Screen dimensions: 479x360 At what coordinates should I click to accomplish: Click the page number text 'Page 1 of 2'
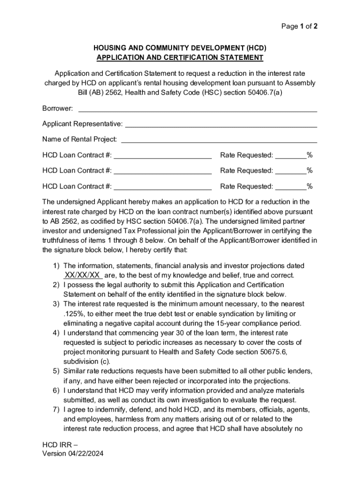(x=299, y=27)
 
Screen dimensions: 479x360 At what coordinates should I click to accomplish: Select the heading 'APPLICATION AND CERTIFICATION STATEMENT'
(x=180, y=58)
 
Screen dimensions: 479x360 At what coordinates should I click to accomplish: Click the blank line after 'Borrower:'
(x=197, y=109)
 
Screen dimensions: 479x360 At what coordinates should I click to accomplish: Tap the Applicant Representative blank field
(x=221, y=124)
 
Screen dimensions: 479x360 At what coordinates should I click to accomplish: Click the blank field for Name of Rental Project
(x=219, y=140)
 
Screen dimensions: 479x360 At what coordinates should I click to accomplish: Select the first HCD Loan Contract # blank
(x=163, y=155)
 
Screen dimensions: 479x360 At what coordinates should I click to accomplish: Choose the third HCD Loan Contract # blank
(x=163, y=187)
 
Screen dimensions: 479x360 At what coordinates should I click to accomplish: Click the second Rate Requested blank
(x=290, y=171)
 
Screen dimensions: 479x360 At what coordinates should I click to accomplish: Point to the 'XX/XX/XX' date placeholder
(x=82, y=275)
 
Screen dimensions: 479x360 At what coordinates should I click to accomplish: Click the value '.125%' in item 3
(x=73, y=314)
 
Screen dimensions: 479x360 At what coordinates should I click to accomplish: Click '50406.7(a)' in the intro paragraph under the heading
(x=265, y=93)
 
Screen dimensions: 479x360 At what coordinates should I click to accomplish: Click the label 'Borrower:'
(x=58, y=109)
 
